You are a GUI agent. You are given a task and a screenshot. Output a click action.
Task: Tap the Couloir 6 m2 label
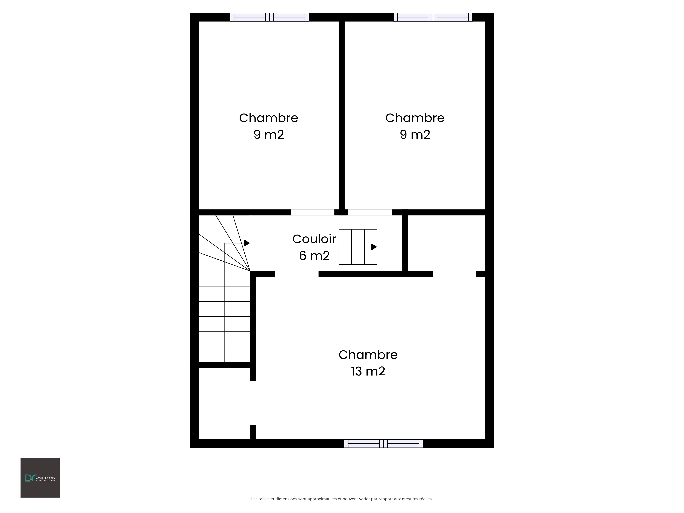tap(314, 247)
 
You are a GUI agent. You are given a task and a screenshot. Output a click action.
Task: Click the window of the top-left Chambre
tap(269, 17)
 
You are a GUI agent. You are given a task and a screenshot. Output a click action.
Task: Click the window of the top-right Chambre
tap(433, 17)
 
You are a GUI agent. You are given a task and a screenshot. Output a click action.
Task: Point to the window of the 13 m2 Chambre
tap(383, 444)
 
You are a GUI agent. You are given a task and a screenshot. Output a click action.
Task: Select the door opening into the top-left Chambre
tap(312, 212)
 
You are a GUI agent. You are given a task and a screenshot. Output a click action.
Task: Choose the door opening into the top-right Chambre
tap(370, 212)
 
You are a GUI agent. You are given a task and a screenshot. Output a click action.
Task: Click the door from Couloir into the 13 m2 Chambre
tap(297, 274)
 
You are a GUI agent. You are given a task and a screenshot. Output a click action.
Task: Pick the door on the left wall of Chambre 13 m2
tap(253, 403)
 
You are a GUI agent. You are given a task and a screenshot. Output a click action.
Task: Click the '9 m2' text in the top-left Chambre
tap(269, 135)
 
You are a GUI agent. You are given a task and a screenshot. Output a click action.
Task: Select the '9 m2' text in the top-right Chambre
tap(415, 135)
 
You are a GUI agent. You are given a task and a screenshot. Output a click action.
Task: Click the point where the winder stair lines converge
tap(250, 271)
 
